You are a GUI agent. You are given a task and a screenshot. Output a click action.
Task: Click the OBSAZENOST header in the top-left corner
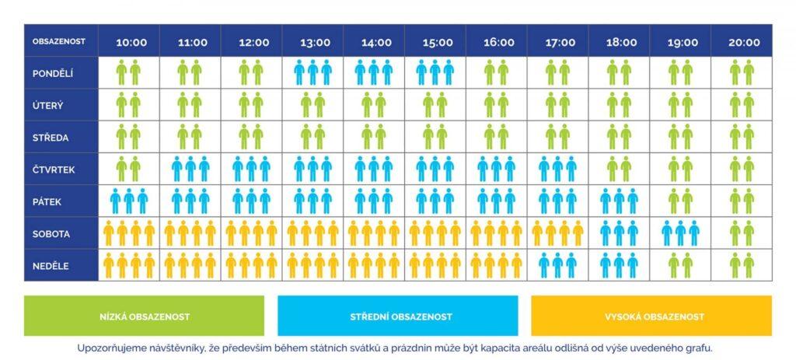pyautogui.click(x=59, y=41)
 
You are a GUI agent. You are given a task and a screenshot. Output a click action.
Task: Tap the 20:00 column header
pyautogui.click(x=744, y=42)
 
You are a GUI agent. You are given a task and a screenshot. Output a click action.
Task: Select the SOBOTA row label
pyautogui.click(x=51, y=233)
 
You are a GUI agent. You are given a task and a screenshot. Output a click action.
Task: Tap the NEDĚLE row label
pyautogui.click(x=51, y=266)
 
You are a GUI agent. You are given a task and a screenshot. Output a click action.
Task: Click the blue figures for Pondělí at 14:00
pyautogui.click(x=374, y=73)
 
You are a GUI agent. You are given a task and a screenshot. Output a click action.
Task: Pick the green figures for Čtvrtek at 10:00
pyautogui.click(x=129, y=169)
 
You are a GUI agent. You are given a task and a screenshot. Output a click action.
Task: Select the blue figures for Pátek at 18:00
pyautogui.click(x=620, y=201)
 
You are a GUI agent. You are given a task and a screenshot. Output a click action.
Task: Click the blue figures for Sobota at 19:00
pyautogui.click(x=681, y=233)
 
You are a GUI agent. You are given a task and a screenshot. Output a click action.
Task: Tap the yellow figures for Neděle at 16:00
pyautogui.click(x=497, y=265)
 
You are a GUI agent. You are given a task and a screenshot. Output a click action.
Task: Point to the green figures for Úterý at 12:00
pyautogui.click(x=251, y=105)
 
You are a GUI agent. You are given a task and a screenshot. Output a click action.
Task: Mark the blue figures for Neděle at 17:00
pyautogui.click(x=558, y=265)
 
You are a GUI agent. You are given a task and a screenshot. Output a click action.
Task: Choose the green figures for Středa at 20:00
pyautogui.click(x=742, y=137)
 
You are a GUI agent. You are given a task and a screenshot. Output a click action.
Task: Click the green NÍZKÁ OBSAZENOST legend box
pyautogui.click(x=145, y=316)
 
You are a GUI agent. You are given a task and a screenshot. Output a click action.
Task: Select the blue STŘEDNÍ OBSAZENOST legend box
pyautogui.click(x=397, y=316)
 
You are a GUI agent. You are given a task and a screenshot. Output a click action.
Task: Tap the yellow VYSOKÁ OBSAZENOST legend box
pyautogui.click(x=651, y=316)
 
